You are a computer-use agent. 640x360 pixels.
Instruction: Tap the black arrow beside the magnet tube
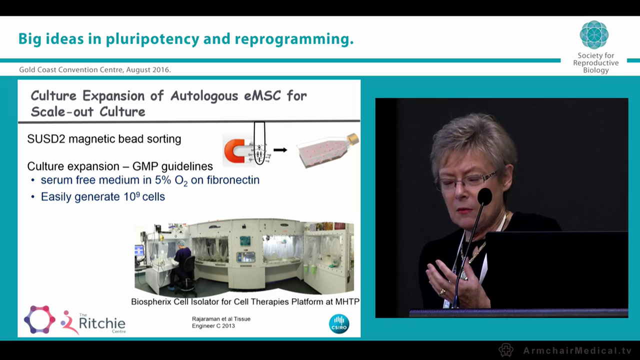(x=280, y=149)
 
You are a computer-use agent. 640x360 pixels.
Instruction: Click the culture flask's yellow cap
(x=353, y=139)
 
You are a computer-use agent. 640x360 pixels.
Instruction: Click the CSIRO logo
(x=339, y=323)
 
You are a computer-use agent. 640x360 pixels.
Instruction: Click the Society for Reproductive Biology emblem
(x=594, y=35)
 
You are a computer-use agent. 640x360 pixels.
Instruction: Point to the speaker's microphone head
(x=484, y=196)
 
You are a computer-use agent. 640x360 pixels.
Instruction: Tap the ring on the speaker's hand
(x=442, y=291)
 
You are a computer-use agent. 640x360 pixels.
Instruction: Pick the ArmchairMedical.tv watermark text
(x=577, y=350)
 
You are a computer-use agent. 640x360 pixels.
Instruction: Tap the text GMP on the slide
(x=145, y=166)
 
